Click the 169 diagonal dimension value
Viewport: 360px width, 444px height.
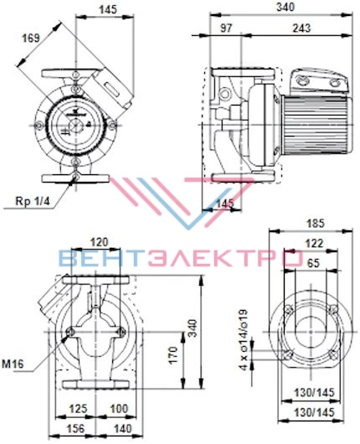click(31, 38)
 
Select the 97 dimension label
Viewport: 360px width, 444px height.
click(226, 28)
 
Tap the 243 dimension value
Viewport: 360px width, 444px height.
click(301, 28)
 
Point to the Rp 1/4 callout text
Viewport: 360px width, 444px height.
click(33, 201)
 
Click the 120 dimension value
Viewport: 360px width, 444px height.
click(99, 242)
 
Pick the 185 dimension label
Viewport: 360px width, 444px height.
click(316, 224)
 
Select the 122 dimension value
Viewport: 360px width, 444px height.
click(314, 243)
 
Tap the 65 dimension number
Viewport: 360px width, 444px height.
click(313, 263)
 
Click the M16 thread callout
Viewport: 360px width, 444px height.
click(13, 364)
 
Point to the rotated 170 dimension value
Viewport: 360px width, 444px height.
click(173, 355)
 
